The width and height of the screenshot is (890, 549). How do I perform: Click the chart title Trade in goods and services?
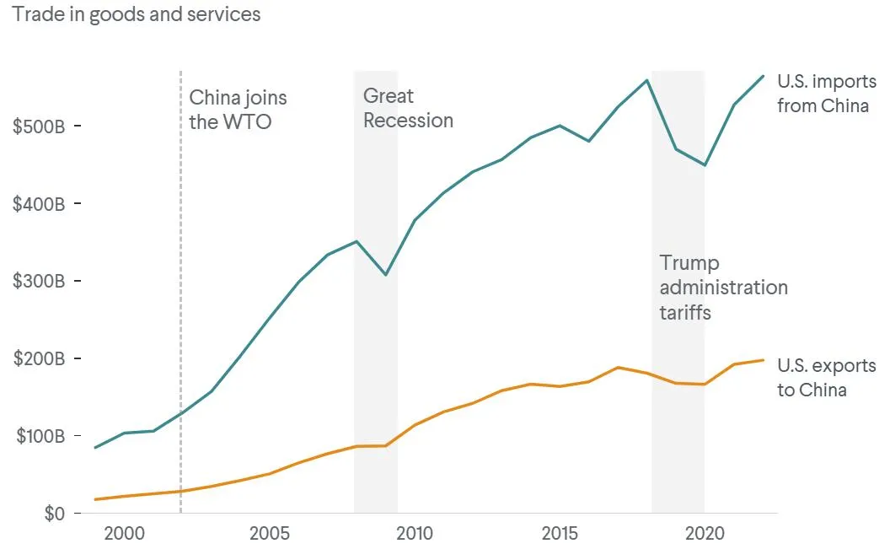(136, 14)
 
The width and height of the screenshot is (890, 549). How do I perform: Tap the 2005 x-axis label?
(270, 534)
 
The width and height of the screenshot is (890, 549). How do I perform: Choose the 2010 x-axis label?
(415, 534)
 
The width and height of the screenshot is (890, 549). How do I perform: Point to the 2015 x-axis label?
(560, 534)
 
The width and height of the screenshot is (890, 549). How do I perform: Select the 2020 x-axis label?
(705, 534)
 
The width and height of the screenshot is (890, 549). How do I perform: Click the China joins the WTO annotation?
(238, 110)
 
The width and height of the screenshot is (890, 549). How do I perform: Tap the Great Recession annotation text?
(408, 108)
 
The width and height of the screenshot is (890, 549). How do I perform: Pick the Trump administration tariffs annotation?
(723, 288)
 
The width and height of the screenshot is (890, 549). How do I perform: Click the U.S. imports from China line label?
(826, 94)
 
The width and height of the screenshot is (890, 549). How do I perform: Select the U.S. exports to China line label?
(826, 378)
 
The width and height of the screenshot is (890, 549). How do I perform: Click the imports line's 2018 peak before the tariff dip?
(646, 80)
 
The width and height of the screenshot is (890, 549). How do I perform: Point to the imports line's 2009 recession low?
(385, 275)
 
